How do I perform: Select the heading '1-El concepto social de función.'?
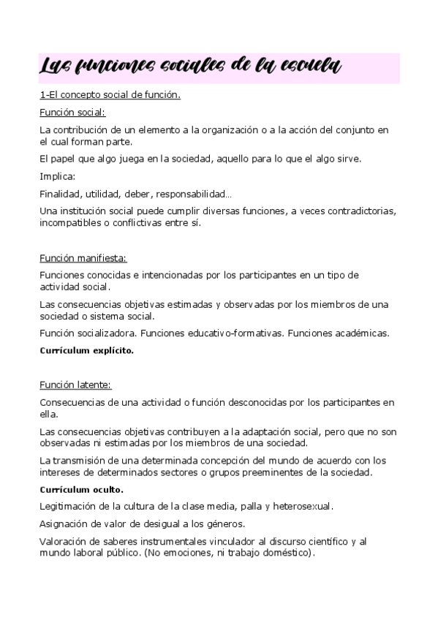click(x=110, y=95)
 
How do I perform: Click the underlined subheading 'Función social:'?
click(x=72, y=113)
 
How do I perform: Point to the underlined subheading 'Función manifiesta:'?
click(x=83, y=257)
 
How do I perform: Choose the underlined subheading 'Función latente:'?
click(x=75, y=385)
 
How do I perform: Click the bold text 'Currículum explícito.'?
click(x=86, y=350)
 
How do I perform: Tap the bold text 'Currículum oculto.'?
click(x=81, y=489)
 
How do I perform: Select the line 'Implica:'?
click(x=57, y=176)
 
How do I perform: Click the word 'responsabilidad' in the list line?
click(x=194, y=194)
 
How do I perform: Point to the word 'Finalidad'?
click(x=59, y=194)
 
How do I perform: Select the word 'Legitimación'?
click(x=69, y=506)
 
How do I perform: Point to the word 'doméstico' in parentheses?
click(x=286, y=553)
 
